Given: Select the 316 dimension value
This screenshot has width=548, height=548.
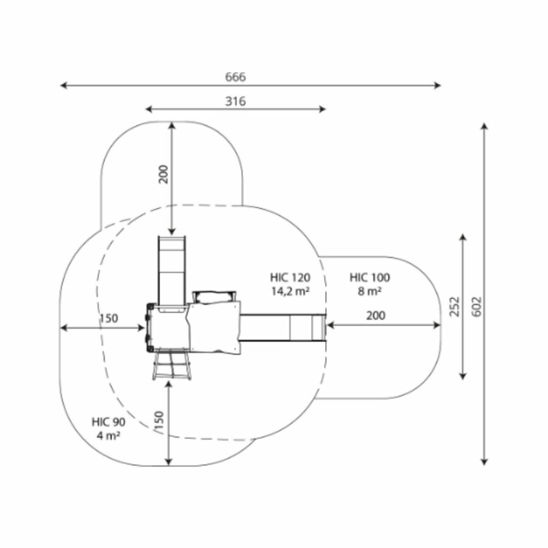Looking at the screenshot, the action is (x=235, y=101).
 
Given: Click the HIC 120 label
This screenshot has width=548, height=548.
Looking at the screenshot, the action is (x=290, y=278).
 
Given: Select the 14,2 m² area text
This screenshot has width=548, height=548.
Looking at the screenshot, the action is (x=290, y=291).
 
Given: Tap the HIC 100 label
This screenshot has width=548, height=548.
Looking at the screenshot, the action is (x=370, y=278).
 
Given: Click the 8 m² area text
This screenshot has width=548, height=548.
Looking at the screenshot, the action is (x=370, y=291).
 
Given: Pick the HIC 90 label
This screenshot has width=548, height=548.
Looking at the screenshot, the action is (x=108, y=422).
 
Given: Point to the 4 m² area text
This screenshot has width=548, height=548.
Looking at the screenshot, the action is (x=108, y=436).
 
